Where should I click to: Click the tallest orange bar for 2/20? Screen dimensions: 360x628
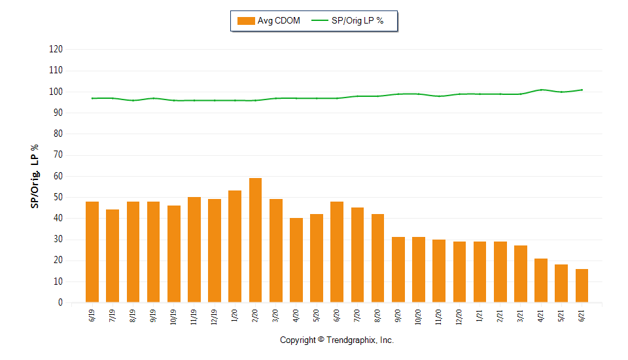tap(255, 240)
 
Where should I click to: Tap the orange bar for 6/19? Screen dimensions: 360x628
tap(92, 252)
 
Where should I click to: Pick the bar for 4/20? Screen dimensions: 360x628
tap(296, 260)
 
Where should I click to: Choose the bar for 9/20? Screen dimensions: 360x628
tap(398, 270)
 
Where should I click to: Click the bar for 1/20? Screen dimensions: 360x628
tap(235, 246)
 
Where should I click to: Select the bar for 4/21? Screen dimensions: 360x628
tap(541, 280)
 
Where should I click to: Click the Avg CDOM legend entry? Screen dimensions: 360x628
tap(268, 21)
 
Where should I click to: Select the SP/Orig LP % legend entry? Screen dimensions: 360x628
tap(348, 21)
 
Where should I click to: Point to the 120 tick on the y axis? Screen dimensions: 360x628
tap(56, 50)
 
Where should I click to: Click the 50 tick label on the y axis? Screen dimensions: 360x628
tap(58, 198)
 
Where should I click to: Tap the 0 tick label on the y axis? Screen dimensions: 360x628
tap(60, 303)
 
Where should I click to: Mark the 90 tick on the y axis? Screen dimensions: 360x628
tap(58, 113)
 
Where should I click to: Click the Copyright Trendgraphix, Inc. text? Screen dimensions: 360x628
tap(337, 340)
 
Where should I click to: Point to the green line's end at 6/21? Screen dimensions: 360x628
tap(582, 90)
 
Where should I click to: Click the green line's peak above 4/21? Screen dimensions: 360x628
tap(541, 90)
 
